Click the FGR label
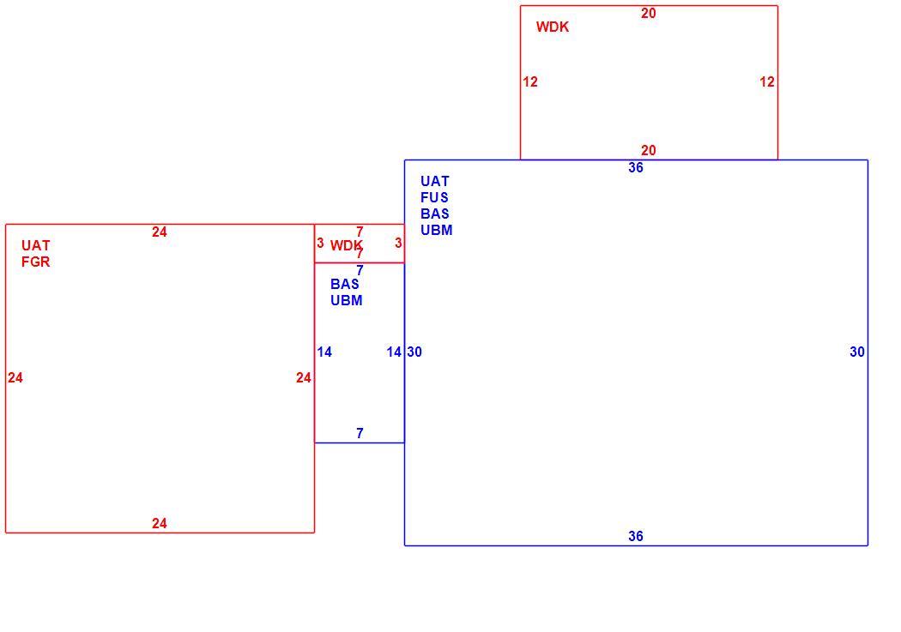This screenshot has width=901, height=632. pyautogui.click(x=36, y=262)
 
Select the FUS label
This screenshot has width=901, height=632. pyautogui.click(x=434, y=197)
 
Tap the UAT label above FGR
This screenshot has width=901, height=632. pyautogui.click(x=36, y=245)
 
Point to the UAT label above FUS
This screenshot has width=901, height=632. pyautogui.click(x=434, y=182)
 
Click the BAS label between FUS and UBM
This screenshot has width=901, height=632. pyautogui.click(x=435, y=214)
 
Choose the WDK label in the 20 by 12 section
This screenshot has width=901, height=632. pyautogui.click(x=553, y=27)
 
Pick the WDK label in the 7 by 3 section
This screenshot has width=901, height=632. pyautogui.click(x=346, y=245)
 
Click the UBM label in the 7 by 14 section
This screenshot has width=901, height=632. pyautogui.click(x=347, y=300)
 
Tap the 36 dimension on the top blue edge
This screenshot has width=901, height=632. pyautogui.click(x=636, y=167)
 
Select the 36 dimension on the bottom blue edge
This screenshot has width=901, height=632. pyautogui.click(x=636, y=536)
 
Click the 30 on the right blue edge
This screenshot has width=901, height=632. pyautogui.click(x=856, y=352)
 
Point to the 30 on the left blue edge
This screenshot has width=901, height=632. pyautogui.click(x=414, y=352)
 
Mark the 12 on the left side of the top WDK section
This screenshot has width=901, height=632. pyautogui.click(x=530, y=82)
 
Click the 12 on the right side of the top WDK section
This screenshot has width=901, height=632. pyautogui.click(x=767, y=82)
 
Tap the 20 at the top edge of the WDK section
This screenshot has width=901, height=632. pyautogui.click(x=648, y=13)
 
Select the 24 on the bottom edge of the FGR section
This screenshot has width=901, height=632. pyautogui.click(x=159, y=523)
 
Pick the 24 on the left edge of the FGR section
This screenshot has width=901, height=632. pyautogui.click(x=15, y=377)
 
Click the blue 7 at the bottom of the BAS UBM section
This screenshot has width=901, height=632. pyautogui.click(x=360, y=433)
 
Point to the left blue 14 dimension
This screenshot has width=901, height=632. pyautogui.click(x=324, y=352)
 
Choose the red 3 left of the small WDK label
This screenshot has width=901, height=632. pyautogui.click(x=320, y=243)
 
